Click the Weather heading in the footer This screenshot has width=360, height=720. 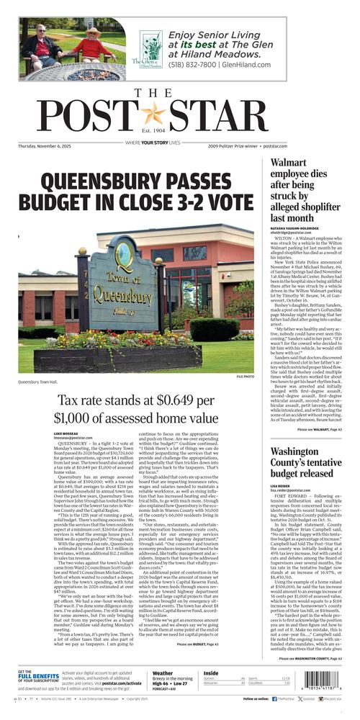[163, 674]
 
